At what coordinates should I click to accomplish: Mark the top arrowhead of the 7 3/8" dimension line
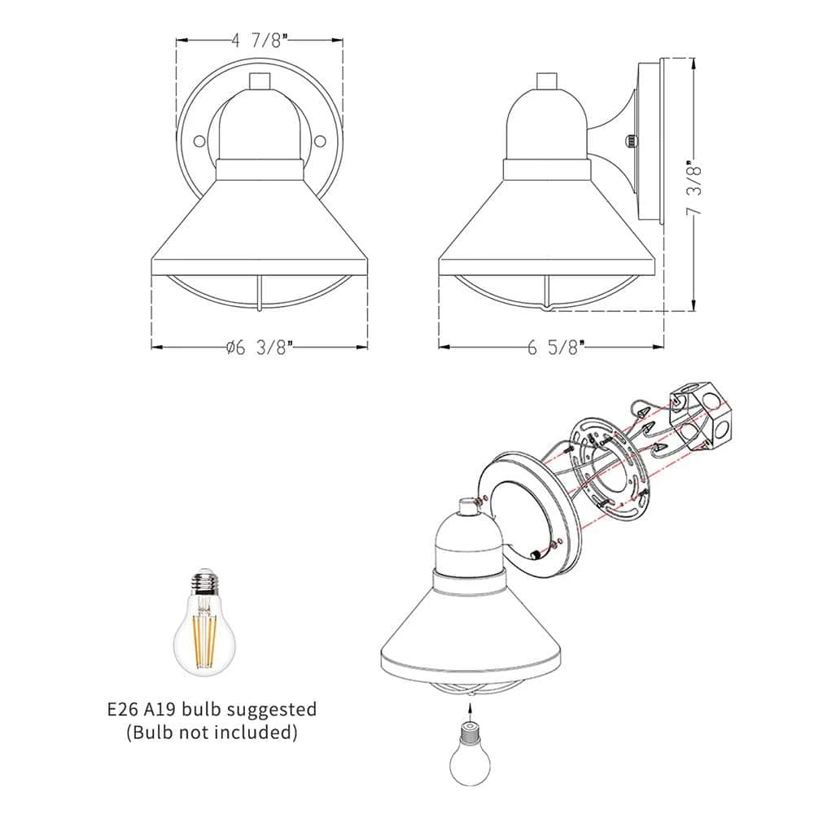coord(694,59)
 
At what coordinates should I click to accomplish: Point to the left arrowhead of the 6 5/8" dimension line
coord(440,346)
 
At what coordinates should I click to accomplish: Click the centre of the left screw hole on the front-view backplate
coord(199,141)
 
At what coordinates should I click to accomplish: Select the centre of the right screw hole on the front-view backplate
coord(320,141)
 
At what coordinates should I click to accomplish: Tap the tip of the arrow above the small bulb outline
coord(470,704)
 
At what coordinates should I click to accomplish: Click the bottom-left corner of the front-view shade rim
coord(151,275)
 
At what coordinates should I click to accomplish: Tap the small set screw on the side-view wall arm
coord(630,141)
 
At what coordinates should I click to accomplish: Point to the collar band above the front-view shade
coord(260,170)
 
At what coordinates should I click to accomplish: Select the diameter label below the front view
coord(260,347)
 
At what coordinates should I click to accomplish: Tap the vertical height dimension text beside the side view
coord(694,187)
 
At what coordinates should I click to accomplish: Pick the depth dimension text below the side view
coord(556,347)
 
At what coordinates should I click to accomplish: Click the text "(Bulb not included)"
coord(212,732)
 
